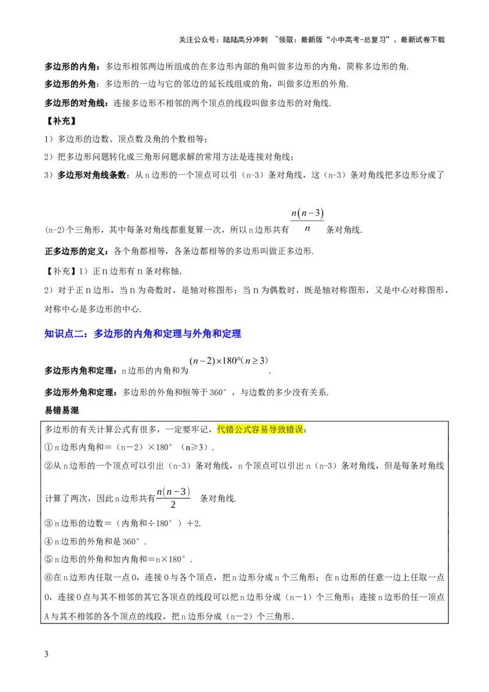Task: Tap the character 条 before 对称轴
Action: [x=149, y=271]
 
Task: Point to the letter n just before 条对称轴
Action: [x=140, y=271]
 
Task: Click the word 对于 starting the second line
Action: [x=66, y=290]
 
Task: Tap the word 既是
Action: [x=313, y=290]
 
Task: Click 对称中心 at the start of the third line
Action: [x=62, y=309]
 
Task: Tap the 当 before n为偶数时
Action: [x=247, y=290]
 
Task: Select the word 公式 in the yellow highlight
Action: [x=243, y=429]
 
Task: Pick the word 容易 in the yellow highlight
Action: [x=260, y=429]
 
